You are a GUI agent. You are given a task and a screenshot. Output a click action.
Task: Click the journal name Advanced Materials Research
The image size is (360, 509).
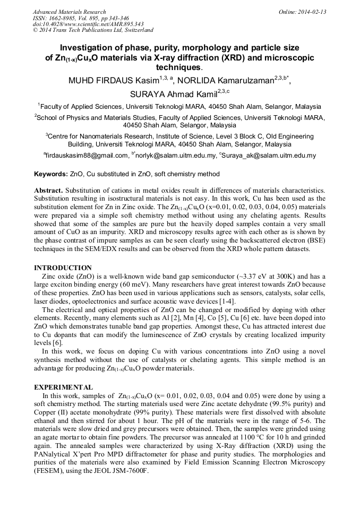(x=69, y=12)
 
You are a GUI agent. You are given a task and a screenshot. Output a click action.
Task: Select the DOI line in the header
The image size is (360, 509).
(x=87, y=24)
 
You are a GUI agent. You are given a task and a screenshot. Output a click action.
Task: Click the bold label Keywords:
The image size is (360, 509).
(x=51, y=174)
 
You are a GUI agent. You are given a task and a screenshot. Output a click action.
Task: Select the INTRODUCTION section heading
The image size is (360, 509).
(x=63, y=268)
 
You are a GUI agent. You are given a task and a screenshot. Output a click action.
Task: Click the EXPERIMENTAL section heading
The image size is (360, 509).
(x=64, y=387)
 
